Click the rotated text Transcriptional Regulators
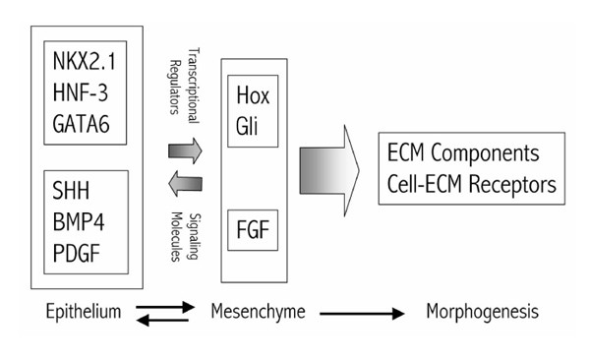[184, 85]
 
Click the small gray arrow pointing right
[185, 150]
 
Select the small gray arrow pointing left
[184, 182]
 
